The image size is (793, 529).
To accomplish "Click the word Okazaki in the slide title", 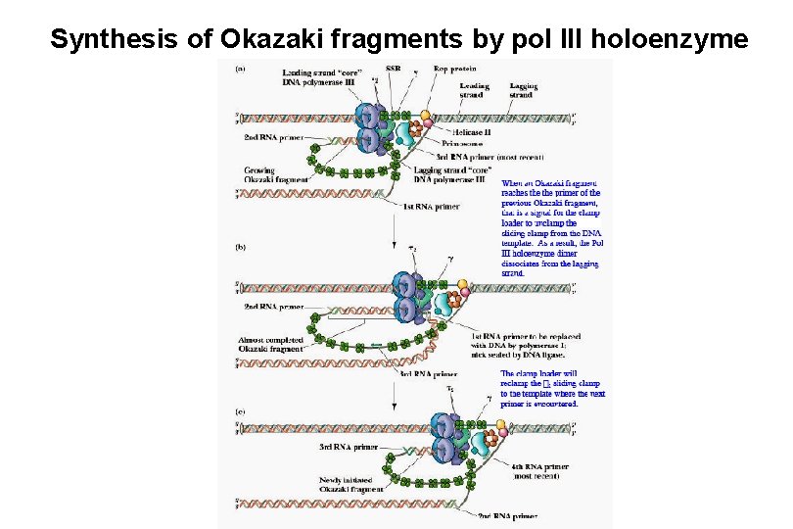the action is click(272, 38).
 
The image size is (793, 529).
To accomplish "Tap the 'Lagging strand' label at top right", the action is click(523, 90).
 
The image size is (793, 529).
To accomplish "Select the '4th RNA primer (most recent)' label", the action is click(537, 470).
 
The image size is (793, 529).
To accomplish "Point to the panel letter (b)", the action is click(241, 248).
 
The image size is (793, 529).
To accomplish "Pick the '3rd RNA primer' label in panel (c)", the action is click(347, 447).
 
